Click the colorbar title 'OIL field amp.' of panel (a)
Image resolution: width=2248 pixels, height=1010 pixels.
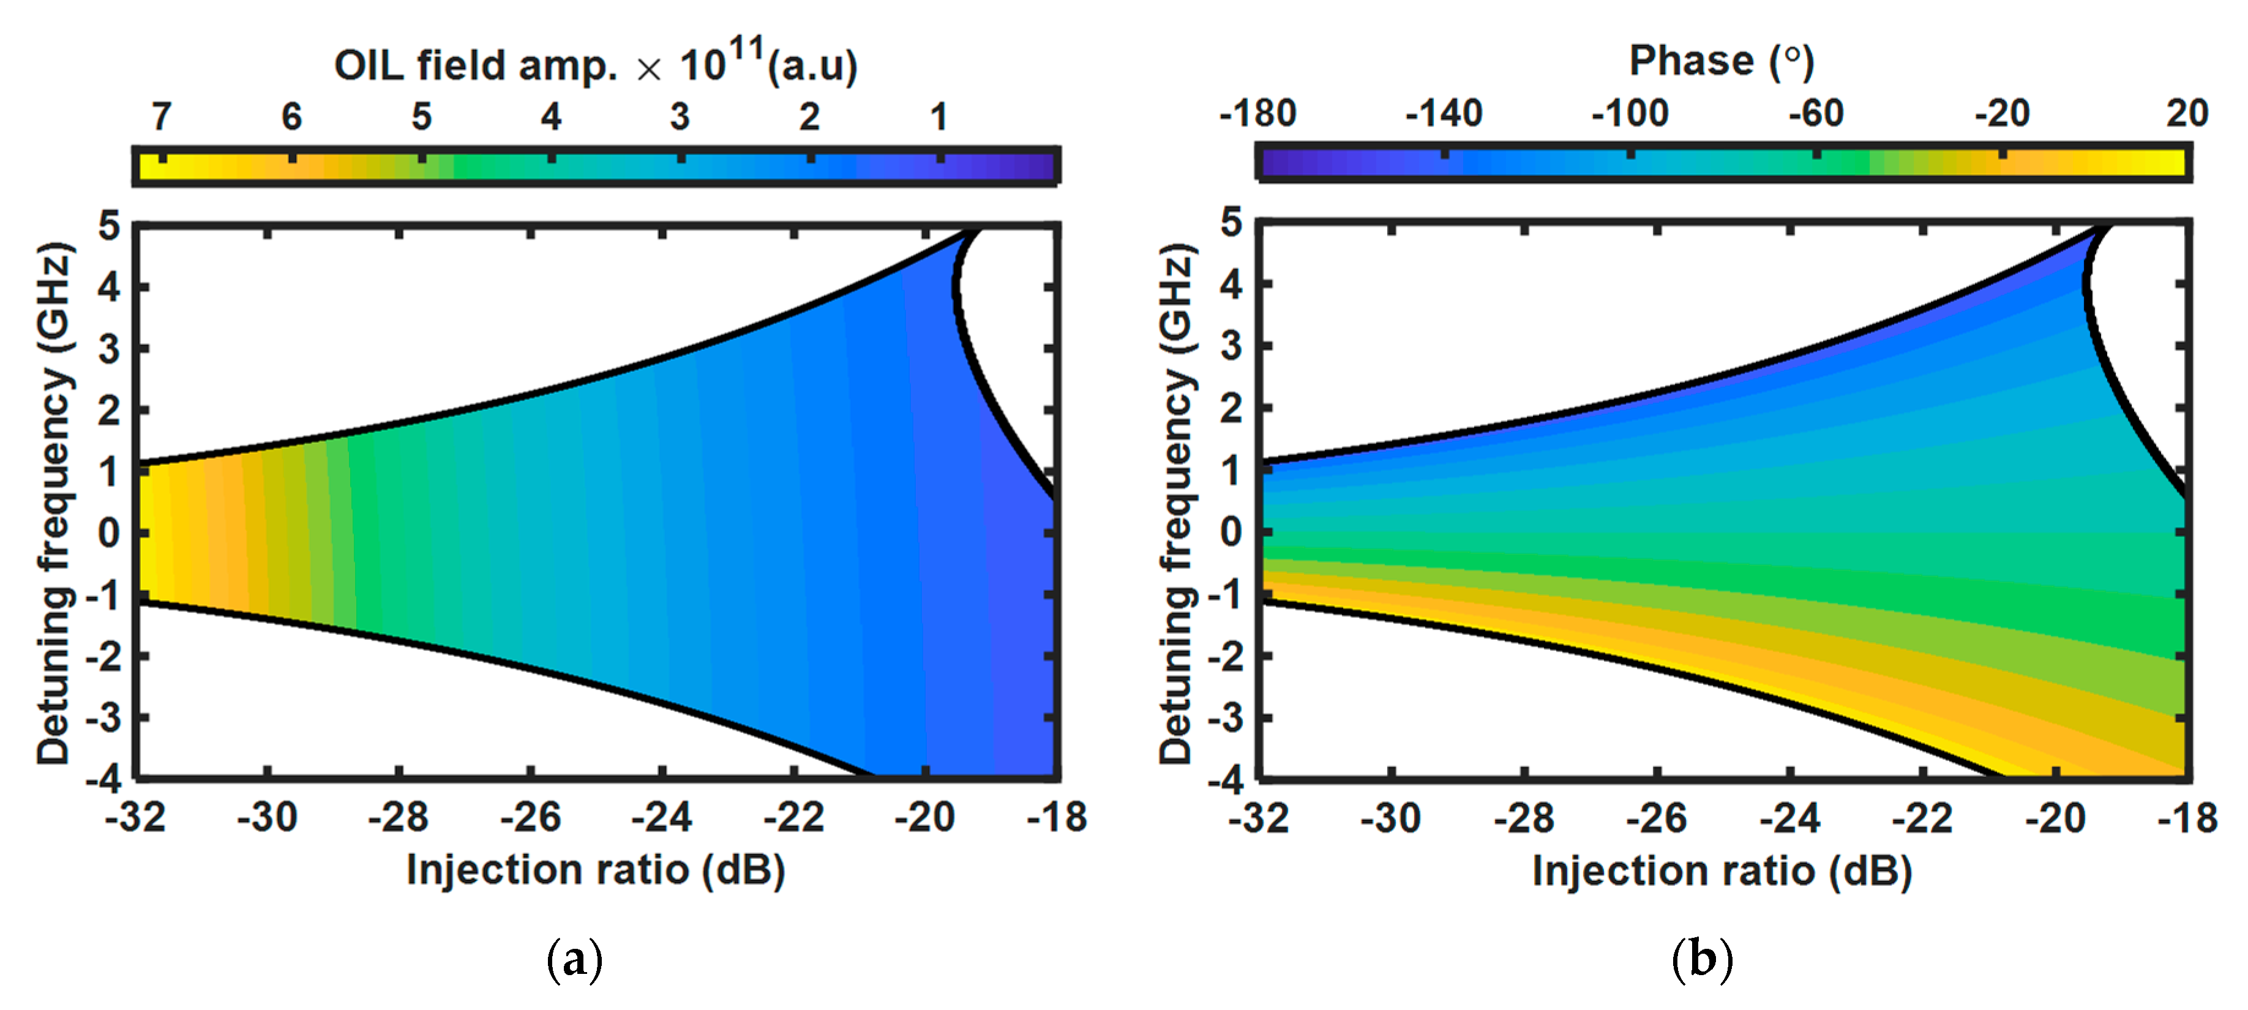click(x=476, y=66)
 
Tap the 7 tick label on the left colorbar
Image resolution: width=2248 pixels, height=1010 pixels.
click(x=162, y=116)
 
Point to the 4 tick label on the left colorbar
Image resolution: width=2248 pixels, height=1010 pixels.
click(x=550, y=116)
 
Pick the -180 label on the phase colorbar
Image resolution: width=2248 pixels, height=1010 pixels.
click(x=1257, y=113)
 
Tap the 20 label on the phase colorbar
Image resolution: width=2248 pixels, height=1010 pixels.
click(x=2186, y=113)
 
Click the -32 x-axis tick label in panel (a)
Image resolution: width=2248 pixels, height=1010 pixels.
click(x=135, y=817)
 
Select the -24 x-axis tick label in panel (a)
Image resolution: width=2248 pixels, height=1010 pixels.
click(x=662, y=817)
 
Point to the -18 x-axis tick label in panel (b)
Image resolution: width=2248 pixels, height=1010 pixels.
click(x=2187, y=818)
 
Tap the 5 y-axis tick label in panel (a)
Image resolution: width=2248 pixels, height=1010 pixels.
click(x=109, y=226)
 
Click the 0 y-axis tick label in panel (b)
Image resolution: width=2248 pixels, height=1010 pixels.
click(x=1231, y=531)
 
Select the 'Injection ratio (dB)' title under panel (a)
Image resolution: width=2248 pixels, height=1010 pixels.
click(x=596, y=869)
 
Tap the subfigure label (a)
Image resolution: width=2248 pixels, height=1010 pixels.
click(x=574, y=959)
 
